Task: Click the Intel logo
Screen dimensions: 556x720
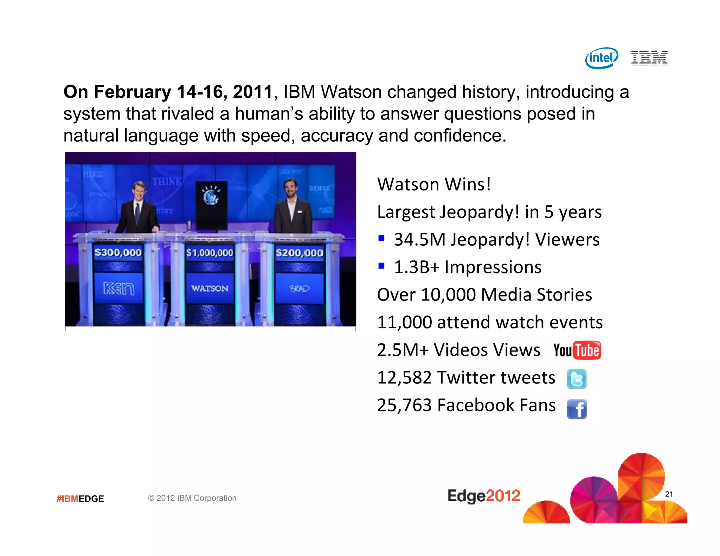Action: (602, 58)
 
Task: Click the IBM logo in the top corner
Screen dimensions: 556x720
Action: (649, 58)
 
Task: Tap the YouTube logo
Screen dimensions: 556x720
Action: (577, 350)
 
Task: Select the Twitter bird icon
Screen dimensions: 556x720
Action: (577, 379)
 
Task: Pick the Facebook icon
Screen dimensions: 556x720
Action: (577, 409)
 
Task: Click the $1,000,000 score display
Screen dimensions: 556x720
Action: (210, 253)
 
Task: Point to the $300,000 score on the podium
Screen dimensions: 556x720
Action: (118, 252)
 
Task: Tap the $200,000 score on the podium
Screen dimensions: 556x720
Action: (299, 253)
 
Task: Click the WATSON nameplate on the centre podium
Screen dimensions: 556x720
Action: (210, 289)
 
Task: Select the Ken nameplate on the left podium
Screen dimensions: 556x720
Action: (118, 289)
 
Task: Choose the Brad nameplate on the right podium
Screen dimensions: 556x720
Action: (299, 289)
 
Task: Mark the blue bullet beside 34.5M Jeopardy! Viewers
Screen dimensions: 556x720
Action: (381, 239)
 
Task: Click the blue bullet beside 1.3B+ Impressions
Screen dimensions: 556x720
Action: (381, 266)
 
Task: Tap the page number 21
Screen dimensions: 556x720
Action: (669, 494)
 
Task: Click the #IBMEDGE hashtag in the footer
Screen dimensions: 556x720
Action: (80, 499)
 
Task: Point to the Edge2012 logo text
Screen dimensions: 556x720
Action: (484, 496)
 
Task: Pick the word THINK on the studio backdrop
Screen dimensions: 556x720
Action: (167, 182)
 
